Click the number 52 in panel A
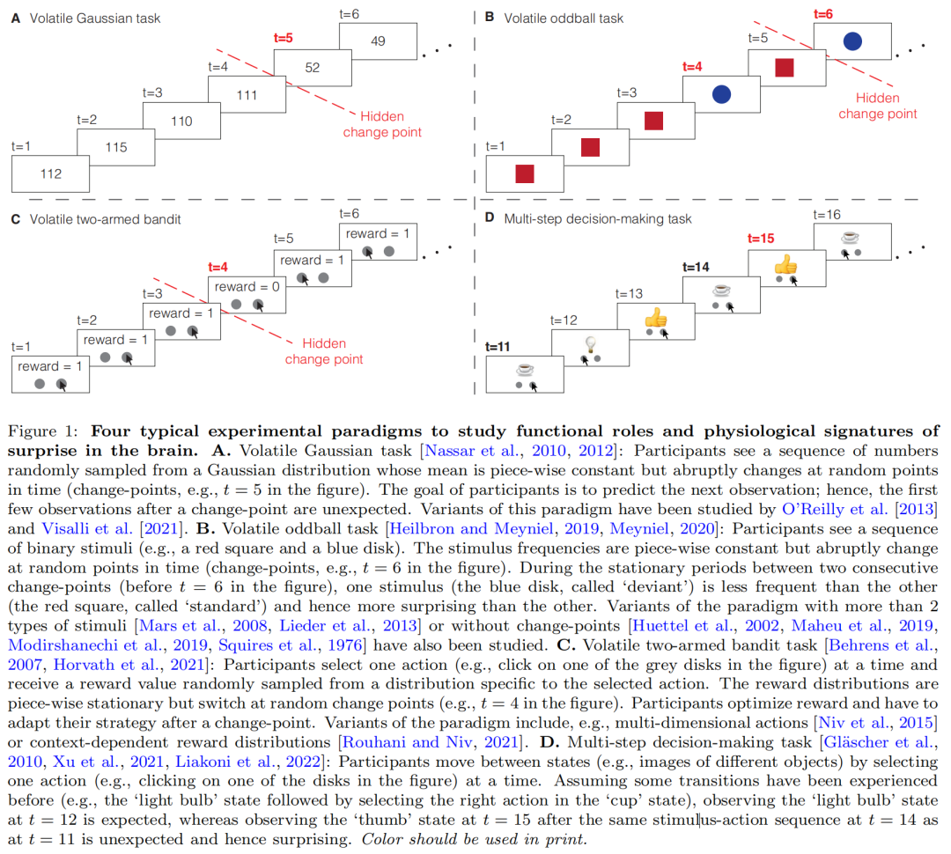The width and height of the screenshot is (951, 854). click(x=312, y=68)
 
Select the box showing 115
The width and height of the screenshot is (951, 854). click(x=116, y=147)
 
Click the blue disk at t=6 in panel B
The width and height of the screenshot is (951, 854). click(x=851, y=40)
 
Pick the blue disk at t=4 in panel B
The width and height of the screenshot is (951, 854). click(x=721, y=94)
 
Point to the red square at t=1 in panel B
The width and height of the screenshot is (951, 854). click(x=525, y=174)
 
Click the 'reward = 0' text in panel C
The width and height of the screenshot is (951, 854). click(x=247, y=287)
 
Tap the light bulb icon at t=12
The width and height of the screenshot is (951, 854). click(x=590, y=343)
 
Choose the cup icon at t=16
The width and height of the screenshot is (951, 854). click(x=850, y=237)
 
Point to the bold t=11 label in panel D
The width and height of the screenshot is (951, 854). click(x=498, y=347)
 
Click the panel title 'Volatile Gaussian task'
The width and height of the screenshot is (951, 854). click(x=95, y=18)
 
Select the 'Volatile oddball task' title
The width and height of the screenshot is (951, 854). click(x=564, y=18)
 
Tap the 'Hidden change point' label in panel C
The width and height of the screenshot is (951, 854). click(x=324, y=351)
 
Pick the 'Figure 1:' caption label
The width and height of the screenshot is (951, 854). click(x=43, y=431)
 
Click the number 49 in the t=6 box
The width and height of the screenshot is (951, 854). click(x=378, y=41)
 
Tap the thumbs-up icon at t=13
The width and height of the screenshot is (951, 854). click(x=655, y=317)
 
